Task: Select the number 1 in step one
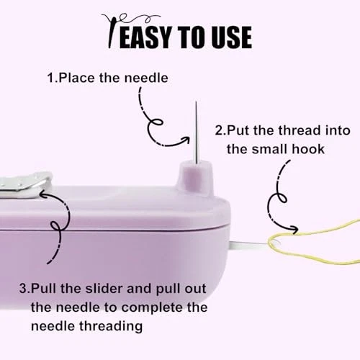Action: pos(51,78)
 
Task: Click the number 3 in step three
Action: pos(24,289)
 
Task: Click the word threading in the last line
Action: pos(111,327)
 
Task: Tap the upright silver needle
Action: pos(197,132)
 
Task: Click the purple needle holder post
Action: pos(196,177)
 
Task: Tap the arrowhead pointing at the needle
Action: pos(186,140)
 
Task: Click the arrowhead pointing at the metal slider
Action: pos(44,194)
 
